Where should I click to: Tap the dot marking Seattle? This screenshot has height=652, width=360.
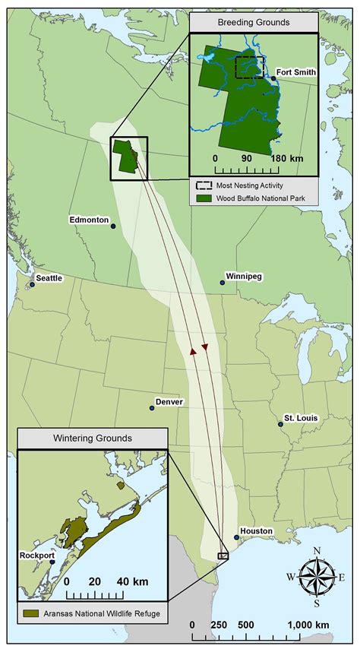tap(33, 285)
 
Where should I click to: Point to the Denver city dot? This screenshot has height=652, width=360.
tap(152, 408)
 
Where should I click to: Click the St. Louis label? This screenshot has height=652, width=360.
tap(302, 418)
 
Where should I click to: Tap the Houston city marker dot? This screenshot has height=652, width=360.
tap(236, 538)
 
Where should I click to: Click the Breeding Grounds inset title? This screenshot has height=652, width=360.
tap(253, 23)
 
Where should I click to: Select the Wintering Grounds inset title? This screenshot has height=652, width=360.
tap(92, 438)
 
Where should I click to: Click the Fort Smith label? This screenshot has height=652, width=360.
tap(296, 72)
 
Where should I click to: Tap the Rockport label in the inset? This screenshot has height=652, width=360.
tap(36, 555)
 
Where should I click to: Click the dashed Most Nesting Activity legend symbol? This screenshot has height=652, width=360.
tap(204, 185)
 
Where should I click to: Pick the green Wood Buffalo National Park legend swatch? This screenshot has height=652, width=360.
tap(204, 198)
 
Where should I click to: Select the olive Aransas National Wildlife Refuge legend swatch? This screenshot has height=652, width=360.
tap(30, 612)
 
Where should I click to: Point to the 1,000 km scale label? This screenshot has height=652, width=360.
tap(308, 625)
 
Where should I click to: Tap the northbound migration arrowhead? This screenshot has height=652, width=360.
tap(194, 352)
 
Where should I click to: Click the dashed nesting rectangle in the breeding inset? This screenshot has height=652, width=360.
tap(249, 67)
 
